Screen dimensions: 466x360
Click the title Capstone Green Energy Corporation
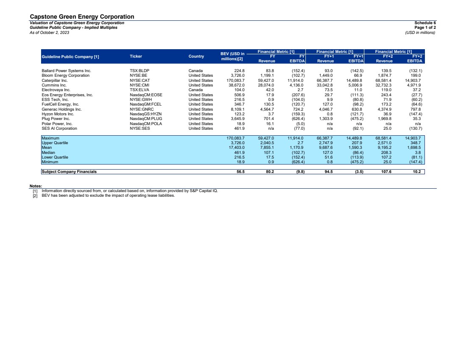[x=82, y=17]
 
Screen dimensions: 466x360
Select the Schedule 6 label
[x=425, y=23]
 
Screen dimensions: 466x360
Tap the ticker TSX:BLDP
[x=139, y=71]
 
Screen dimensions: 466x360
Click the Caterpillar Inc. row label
[x=55, y=80]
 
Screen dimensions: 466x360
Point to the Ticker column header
[x=136, y=56]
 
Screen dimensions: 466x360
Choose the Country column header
[x=196, y=56]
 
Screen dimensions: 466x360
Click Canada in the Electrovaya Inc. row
[x=196, y=90]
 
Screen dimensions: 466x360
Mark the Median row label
[x=48, y=153]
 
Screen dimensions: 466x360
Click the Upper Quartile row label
[x=55, y=143]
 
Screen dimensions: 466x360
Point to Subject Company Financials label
[x=69, y=172]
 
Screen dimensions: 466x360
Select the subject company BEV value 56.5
[x=241, y=172]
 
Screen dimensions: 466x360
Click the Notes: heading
[x=36, y=186]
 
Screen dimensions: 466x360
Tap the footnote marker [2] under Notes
[x=35, y=195]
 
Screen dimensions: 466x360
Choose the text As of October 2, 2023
[x=49, y=32]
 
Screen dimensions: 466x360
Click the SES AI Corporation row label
[x=59, y=128]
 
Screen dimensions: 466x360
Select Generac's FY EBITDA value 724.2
[x=298, y=109]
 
